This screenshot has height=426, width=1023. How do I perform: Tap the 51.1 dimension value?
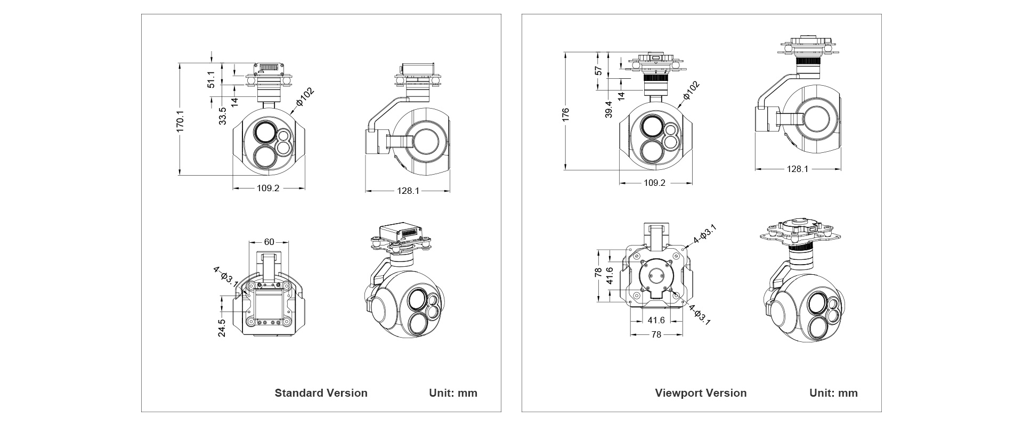point(211,79)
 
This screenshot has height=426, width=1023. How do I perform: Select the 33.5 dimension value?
point(222,116)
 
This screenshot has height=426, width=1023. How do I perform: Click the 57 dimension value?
point(598,70)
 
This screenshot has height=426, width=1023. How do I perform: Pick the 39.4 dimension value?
point(608,109)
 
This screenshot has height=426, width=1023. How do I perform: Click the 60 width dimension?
point(269,242)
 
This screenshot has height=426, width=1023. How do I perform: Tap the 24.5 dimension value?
point(222,327)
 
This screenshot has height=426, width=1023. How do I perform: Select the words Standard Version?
point(321,393)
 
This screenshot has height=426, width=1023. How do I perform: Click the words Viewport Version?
point(701,393)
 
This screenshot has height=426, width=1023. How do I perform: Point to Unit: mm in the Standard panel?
point(453,393)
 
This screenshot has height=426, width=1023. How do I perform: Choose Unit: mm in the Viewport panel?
point(833,393)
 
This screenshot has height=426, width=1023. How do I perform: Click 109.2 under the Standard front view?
point(268,188)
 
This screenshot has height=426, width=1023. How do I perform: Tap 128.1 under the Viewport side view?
point(798,169)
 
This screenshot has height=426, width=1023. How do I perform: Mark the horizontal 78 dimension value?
point(656,334)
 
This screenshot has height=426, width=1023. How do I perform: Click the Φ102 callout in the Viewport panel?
point(691,91)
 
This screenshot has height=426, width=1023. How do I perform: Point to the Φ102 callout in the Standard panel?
point(305,97)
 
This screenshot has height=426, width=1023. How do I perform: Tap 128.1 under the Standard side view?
point(408,190)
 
